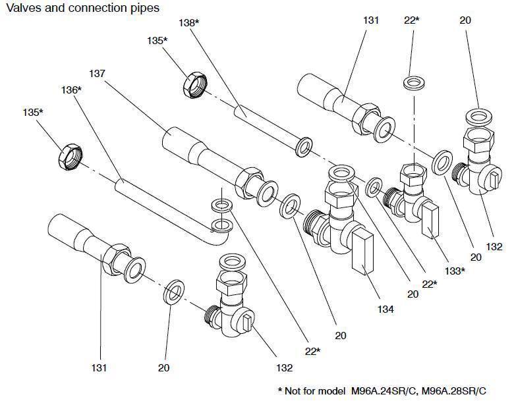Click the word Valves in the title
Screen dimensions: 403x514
point(19,9)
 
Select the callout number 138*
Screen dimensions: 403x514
point(189,22)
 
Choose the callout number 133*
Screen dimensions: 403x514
point(454,270)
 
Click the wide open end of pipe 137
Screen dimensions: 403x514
point(173,140)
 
